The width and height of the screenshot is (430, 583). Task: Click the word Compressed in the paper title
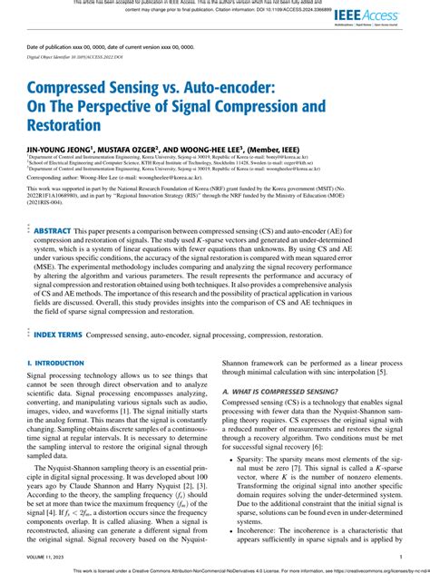(x=74, y=91)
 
